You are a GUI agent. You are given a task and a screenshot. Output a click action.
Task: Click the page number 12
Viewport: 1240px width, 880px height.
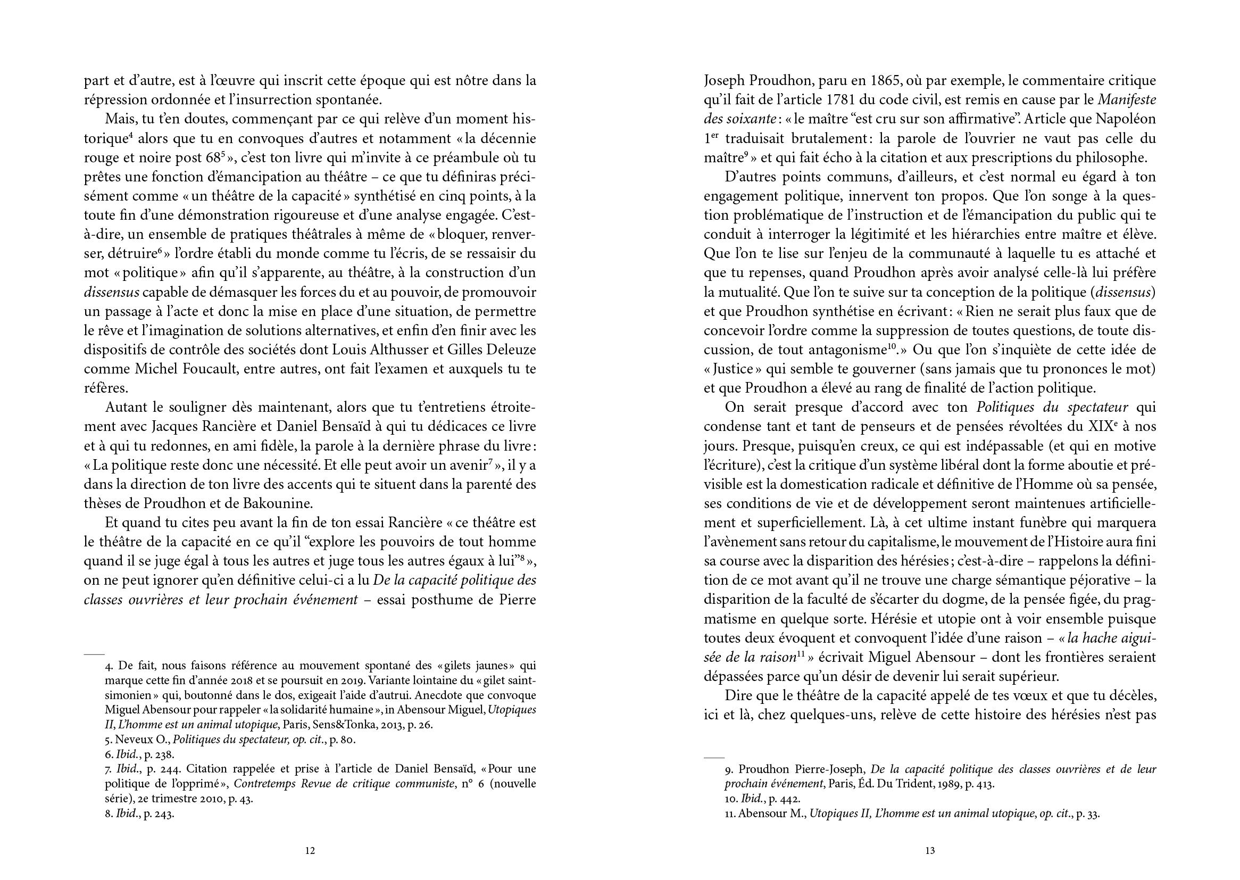[310, 851]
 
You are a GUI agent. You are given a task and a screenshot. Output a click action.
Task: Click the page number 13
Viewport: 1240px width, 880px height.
[929, 851]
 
